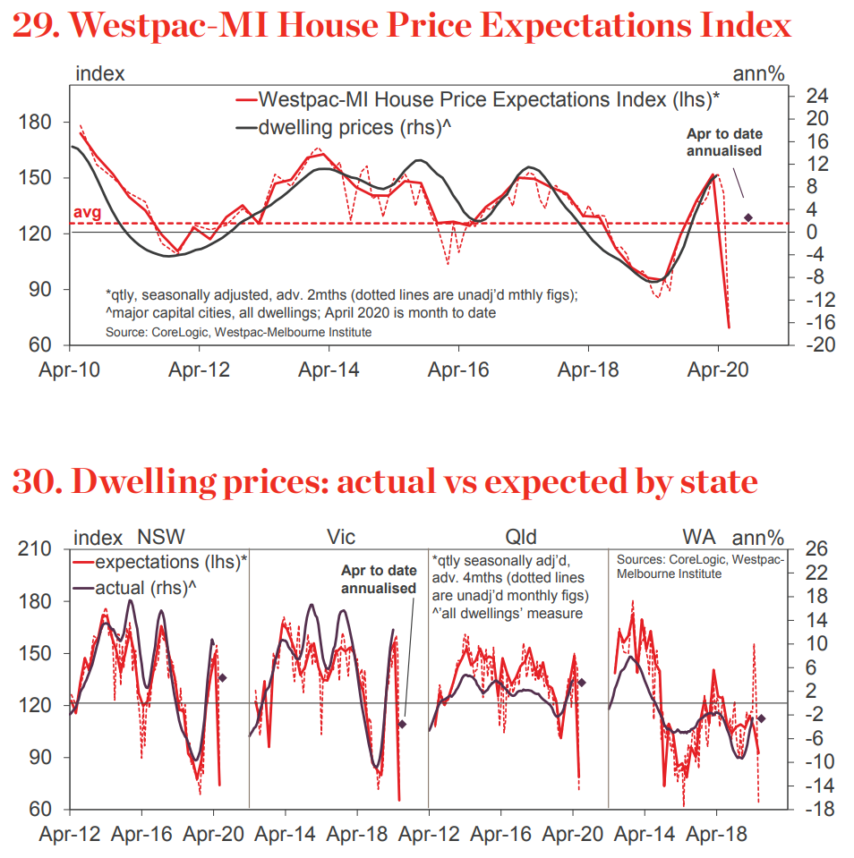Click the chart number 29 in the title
click(x=33, y=24)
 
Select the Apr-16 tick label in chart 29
click(x=458, y=369)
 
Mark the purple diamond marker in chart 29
click(x=748, y=217)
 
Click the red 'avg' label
click(x=86, y=213)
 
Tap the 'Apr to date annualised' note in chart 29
click(x=724, y=142)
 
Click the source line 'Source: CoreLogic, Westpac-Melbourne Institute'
click(x=238, y=332)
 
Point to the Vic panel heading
click(x=340, y=537)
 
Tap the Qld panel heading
click(x=520, y=537)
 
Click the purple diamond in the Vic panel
click(x=402, y=724)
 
